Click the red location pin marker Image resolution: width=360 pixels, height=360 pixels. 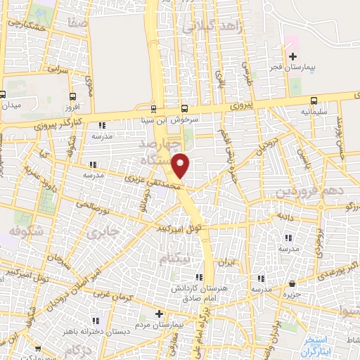point(181,165)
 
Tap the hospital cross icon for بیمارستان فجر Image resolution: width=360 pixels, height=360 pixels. point(293,56)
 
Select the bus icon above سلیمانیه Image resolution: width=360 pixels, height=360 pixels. point(314,100)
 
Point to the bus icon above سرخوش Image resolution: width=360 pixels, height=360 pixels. point(184,108)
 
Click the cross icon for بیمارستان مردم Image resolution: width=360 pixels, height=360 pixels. point(159,314)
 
